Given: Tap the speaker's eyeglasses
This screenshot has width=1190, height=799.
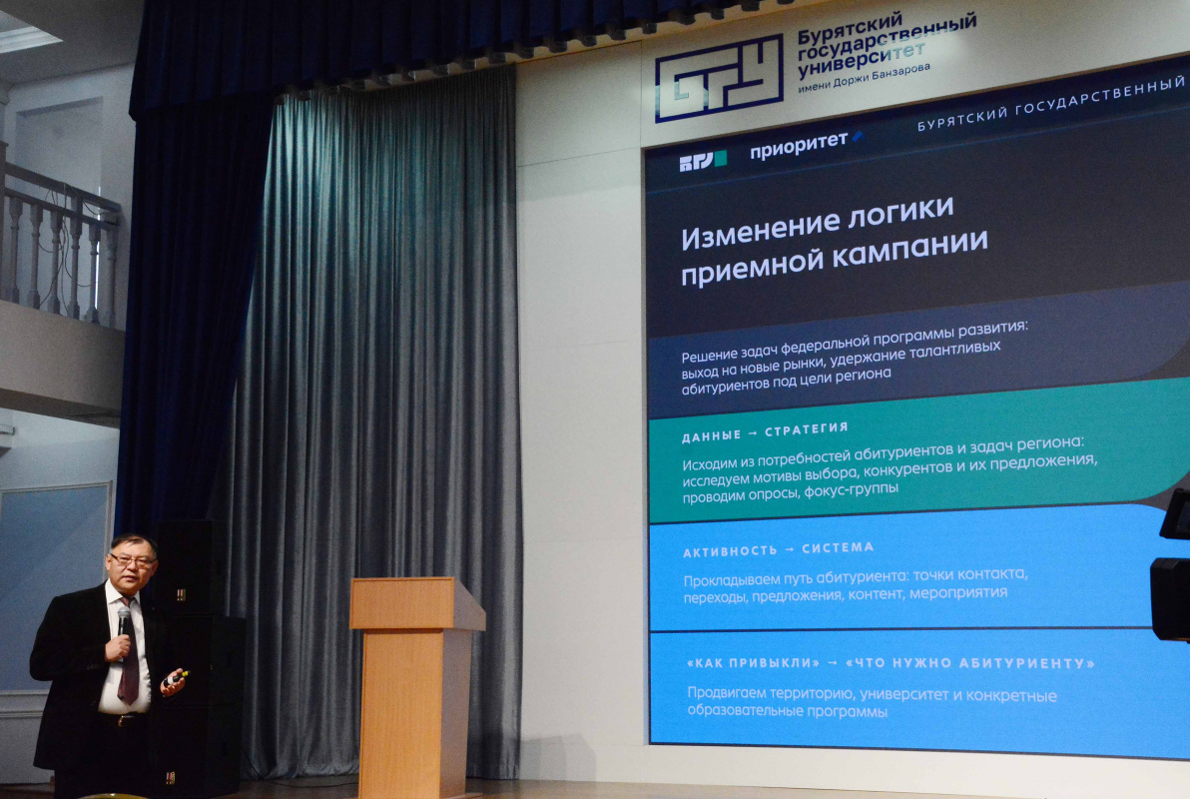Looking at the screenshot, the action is [x=132, y=560].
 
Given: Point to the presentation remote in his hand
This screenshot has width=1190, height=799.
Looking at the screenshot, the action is [x=177, y=677].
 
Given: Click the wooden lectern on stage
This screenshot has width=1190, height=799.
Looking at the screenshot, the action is [x=416, y=683].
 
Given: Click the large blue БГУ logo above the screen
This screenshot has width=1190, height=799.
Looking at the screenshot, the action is [x=719, y=78].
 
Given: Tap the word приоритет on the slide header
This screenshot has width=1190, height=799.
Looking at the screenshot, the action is [x=799, y=145].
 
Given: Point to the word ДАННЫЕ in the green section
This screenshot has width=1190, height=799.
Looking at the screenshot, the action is [x=711, y=436].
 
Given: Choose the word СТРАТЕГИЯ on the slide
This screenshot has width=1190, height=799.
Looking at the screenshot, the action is [x=806, y=429].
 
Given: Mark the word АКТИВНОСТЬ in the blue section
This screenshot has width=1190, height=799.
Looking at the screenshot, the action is [x=730, y=551].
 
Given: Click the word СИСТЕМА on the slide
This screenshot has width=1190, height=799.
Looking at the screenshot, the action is [x=838, y=547].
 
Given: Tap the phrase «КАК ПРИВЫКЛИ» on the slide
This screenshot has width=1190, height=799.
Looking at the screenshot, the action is [x=753, y=662].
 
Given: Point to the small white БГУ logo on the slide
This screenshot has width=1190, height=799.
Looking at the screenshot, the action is [x=703, y=161].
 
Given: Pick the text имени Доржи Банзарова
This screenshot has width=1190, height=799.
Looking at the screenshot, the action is [x=864, y=78].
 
